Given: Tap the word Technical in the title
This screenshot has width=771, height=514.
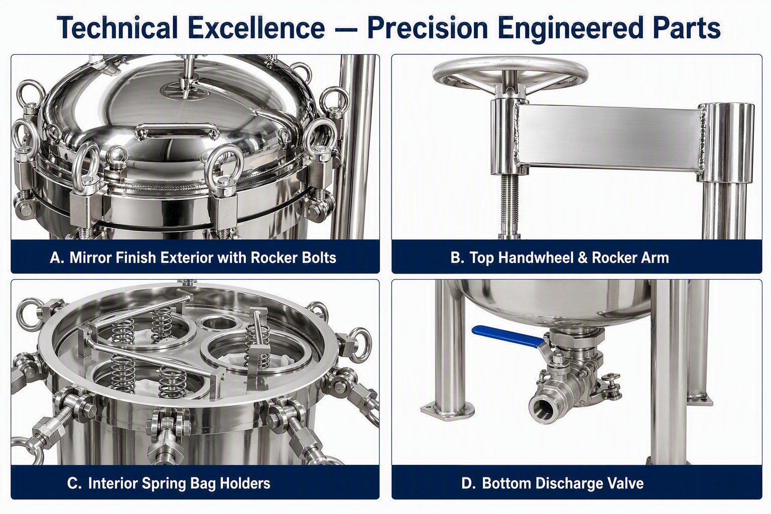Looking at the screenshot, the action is pyautogui.click(x=117, y=28).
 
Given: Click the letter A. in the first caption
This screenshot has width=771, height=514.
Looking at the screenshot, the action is pyautogui.click(x=57, y=258).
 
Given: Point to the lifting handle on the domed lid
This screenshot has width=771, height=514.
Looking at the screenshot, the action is pyautogui.click(x=177, y=130).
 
